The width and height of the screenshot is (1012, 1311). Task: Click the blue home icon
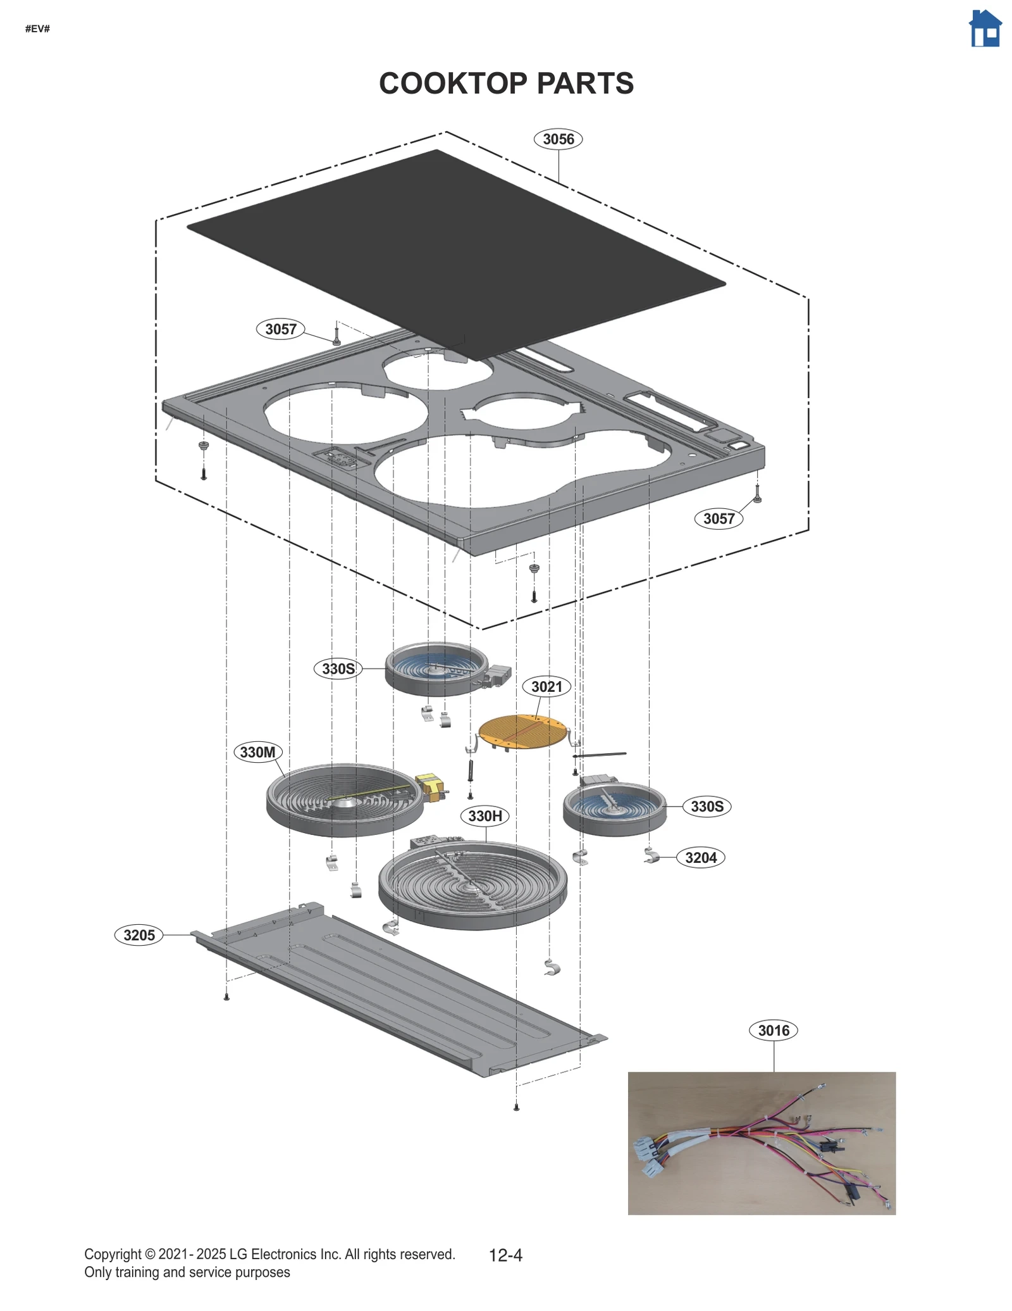pos(985,29)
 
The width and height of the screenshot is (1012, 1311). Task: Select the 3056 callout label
pos(558,139)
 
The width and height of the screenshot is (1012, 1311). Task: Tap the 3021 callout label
pos(546,687)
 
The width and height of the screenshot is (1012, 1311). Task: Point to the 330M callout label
pos(257,752)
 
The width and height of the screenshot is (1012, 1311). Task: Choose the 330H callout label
pos(485,816)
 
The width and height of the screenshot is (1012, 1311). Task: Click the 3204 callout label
pos(701,858)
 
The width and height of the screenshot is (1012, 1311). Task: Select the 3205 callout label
pos(139,935)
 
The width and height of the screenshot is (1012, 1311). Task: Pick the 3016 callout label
pos(773,1031)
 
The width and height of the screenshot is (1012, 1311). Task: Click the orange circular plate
pos(522,731)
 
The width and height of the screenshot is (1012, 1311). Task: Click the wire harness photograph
pos(761,1143)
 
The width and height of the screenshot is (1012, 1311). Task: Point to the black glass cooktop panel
pos(455,253)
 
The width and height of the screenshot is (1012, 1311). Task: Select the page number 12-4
pos(505,1255)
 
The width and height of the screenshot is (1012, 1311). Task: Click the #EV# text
pos(37,29)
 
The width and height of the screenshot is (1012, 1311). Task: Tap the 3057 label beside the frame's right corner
pos(719,518)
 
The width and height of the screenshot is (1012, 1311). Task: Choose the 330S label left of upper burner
pos(338,668)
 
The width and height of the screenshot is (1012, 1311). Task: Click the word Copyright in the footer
pos(112,1254)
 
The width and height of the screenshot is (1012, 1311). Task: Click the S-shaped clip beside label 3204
pos(651,856)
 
